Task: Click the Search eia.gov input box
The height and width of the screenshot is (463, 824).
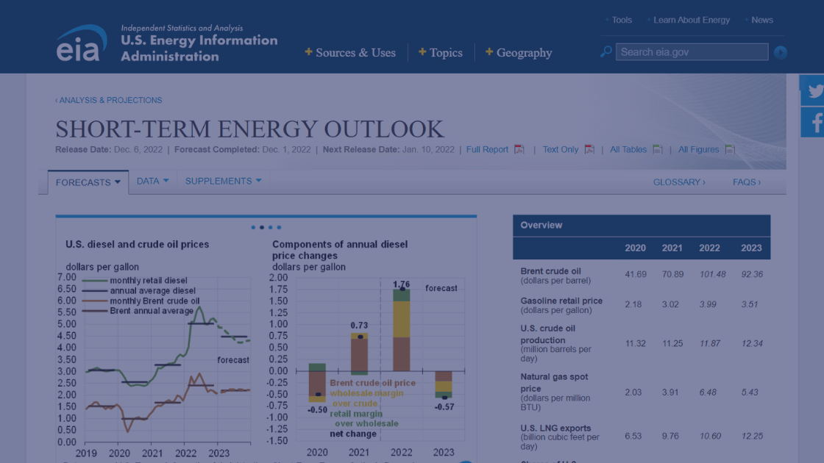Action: pyautogui.click(x=692, y=52)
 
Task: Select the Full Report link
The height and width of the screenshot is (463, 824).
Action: pyautogui.click(x=487, y=149)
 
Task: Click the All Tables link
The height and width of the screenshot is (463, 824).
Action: pyautogui.click(x=628, y=149)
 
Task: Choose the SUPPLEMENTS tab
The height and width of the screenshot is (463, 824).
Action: pyautogui.click(x=219, y=181)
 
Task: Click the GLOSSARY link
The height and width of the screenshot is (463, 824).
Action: pyautogui.click(x=678, y=182)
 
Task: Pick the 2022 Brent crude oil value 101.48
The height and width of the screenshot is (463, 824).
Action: pyautogui.click(x=709, y=274)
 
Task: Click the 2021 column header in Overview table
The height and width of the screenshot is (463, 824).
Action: pyautogui.click(x=672, y=248)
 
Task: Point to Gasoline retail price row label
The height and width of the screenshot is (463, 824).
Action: pyautogui.click(x=561, y=301)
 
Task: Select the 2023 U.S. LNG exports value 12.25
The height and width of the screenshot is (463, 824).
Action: pyautogui.click(x=751, y=436)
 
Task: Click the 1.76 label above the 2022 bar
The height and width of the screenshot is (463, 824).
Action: pyautogui.click(x=401, y=284)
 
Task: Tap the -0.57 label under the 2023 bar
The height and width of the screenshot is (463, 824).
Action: pyautogui.click(x=444, y=407)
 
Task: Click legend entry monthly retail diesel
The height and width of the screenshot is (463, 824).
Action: pyautogui.click(x=148, y=281)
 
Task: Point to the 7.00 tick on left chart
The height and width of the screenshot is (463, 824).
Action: pyautogui.click(x=67, y=277)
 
